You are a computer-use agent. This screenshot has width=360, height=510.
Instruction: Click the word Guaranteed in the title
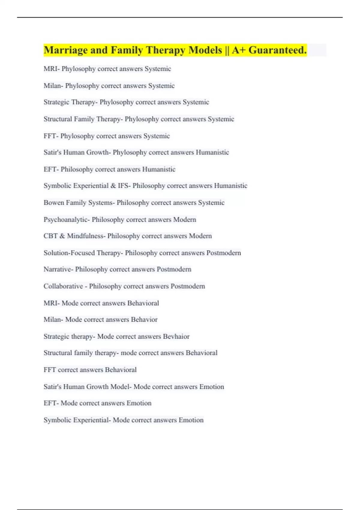coord(277,50)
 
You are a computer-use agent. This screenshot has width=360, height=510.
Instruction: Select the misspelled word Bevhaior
coord(176,336)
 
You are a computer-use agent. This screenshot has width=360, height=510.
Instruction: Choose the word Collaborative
coord(63,286)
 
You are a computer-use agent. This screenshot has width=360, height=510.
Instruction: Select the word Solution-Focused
coord(69,253)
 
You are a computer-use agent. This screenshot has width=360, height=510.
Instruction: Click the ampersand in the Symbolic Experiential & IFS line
coord(113,186)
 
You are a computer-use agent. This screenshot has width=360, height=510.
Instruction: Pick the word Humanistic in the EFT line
coord(159,169)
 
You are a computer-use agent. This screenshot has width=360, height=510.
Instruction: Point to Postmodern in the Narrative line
coord(174,269)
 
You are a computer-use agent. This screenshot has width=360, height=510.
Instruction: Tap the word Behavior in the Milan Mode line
coord(144,319)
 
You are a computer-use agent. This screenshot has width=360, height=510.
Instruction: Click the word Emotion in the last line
coord(191,420)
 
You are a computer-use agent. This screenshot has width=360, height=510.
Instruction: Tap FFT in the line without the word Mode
coord(50,370)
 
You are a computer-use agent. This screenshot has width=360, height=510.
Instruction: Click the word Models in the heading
coord(205,50)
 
